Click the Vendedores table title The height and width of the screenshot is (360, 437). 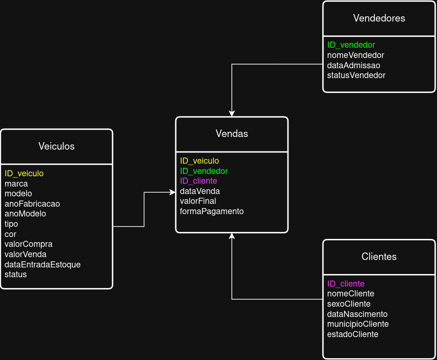click(379, 18)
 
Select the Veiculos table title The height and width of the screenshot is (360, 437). click(57, 146)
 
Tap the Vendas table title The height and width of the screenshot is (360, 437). click(232, 134)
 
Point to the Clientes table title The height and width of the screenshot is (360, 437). click(379, 257)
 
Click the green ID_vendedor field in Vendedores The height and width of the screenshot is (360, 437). click(351, 45)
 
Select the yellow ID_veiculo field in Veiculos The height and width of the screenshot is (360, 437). click(24, 173)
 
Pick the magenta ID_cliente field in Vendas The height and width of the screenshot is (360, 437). click(199, 181)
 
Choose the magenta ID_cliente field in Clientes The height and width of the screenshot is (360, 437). click(346, 284)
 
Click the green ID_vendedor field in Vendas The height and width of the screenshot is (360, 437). click(204, 171)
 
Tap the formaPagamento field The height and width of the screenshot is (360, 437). click(212, 211)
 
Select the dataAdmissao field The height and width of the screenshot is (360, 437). click(353, 65)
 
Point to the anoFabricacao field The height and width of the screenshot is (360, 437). click(32, 204)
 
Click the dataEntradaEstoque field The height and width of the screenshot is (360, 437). click(43, 265)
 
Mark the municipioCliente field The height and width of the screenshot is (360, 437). click(358, 324)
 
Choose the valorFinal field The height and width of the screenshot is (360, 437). click(198, 201)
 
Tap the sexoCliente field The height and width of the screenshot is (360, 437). click(349, 304)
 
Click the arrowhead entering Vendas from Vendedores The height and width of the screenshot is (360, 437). click(232, 114)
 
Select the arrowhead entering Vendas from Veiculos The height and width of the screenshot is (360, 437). click(172, 192)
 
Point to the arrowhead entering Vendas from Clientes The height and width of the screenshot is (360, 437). click(232, 236)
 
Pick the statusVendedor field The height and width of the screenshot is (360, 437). click(356, 75)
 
